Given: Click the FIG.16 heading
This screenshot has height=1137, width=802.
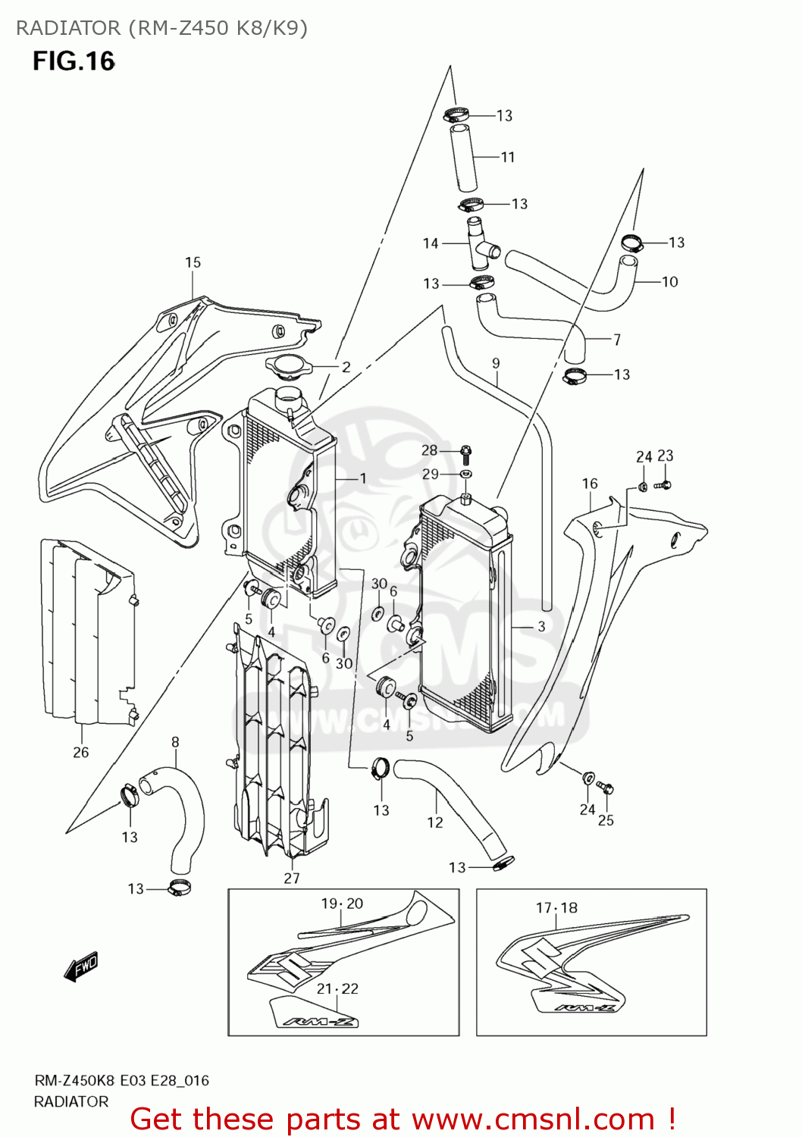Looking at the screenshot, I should coord(74,61).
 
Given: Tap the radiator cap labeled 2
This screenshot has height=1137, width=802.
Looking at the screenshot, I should coord(290,368).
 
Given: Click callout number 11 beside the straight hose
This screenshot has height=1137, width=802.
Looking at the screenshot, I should coord(508,157).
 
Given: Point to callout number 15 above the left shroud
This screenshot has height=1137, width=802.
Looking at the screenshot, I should coord(193,262).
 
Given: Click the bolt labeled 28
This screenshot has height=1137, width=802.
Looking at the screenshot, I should coord(466,453).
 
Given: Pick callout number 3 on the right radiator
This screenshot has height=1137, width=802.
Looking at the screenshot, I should coord(541,626).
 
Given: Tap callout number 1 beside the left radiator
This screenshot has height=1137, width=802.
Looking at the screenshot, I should coord(363,478).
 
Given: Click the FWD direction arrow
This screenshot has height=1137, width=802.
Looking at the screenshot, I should coord(81,967).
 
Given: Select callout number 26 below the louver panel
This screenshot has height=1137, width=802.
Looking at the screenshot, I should coord(81,752).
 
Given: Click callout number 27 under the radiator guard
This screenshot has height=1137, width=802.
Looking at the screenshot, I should coord(292,878).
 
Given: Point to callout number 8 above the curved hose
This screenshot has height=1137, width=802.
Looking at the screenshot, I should coord(175,742).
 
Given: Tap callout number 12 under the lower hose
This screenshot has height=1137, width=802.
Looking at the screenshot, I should coord(435,822).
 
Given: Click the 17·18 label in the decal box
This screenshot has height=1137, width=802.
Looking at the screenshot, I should coord(556,907).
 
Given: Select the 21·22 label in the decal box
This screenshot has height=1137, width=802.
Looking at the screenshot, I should coord(337,988).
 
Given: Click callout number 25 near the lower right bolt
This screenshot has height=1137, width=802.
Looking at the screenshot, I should coord(606,820).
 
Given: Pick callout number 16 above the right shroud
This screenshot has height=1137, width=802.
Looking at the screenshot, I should coord(590,483).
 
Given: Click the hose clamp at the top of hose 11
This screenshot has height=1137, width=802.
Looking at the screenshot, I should coord(456,115).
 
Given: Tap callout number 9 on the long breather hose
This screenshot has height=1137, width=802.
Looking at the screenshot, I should coord(496,363).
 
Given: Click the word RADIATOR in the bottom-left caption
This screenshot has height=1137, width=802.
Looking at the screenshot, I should coord(71,1101).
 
